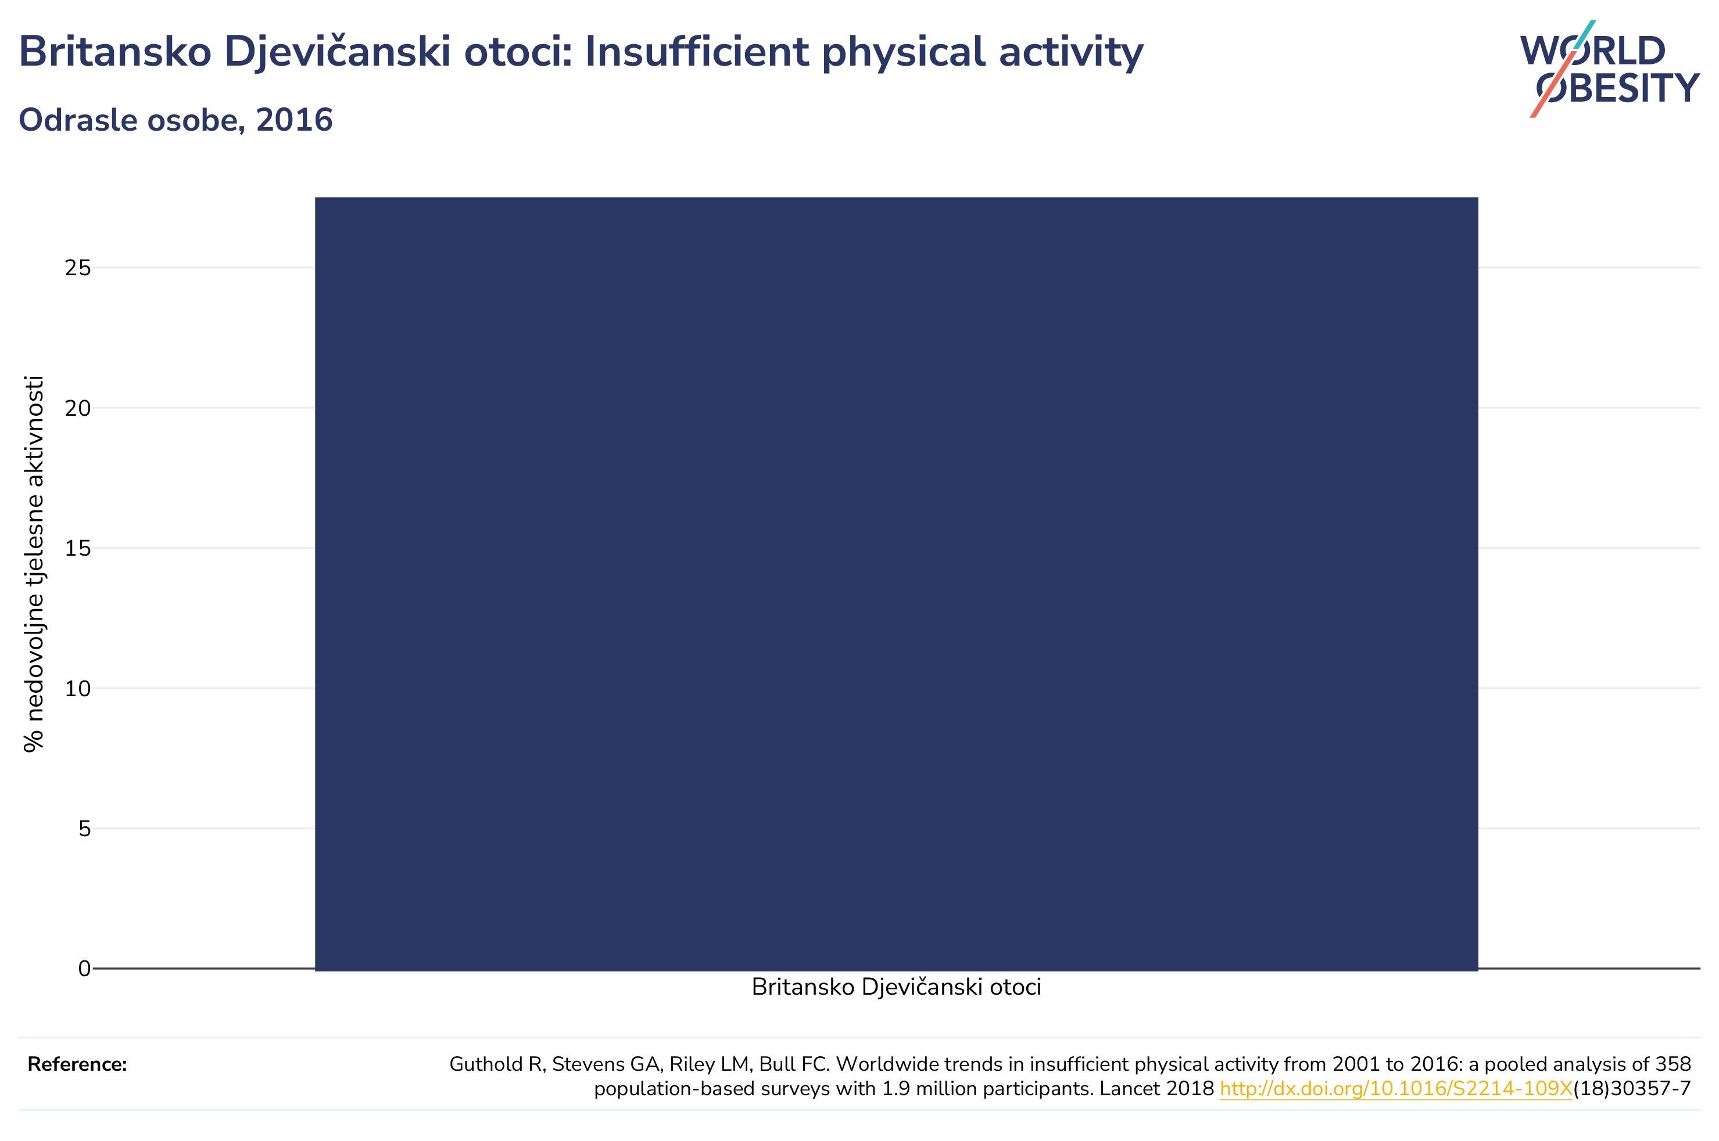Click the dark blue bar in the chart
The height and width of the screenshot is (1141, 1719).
[x=896, y=584]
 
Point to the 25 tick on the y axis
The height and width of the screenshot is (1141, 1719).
[x=78, y=268]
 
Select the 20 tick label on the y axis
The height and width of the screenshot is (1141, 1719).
[x=78, y=408]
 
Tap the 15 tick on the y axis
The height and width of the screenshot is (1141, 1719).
[x=78, y=549]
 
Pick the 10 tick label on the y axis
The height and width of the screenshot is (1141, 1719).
[x=78, y=689]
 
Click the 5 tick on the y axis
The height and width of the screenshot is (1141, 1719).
[x=84, y=829]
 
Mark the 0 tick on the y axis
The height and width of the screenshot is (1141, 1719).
[x=84, y=969]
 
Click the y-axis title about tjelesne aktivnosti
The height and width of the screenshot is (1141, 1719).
[x=34, y=564]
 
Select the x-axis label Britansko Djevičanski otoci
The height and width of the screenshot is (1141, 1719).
[x=896, y=988]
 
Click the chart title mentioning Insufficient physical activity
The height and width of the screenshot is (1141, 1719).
[x=581, y=52]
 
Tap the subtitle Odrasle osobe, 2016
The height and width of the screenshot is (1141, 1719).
[x=176, y=120]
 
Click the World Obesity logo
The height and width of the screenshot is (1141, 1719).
[x=1610, y=69]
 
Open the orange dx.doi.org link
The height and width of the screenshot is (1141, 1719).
[x=1396, y=1089]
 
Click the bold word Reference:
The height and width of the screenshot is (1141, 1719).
[x=77, y=1064]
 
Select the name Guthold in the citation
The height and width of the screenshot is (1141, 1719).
[x=486, y=1064]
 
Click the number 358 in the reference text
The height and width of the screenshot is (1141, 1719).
[x=1673, y=1064]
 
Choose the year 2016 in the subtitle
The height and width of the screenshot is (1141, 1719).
[x=294, y=120]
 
